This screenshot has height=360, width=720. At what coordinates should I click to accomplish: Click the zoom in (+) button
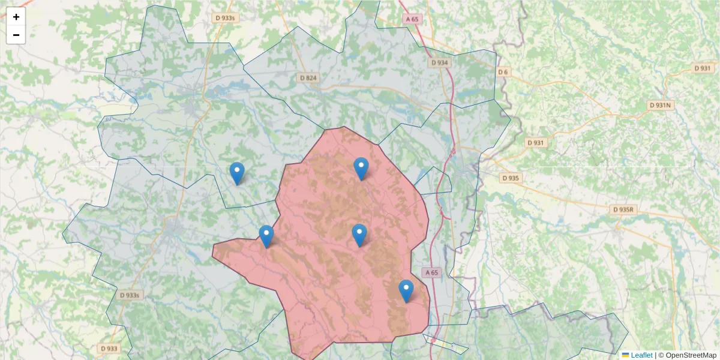coord(16,17)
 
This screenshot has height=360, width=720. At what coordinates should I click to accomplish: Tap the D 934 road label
coord(440,62)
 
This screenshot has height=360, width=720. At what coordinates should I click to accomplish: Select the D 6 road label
coord(503,72)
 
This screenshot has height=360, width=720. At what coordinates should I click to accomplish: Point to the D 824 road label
coord(308,78)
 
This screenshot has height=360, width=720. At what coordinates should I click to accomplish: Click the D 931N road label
coord(661,105)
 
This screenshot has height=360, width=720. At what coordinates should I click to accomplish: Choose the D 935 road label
coord(511,178)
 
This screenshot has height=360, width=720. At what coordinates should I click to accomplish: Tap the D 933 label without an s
coord(109,348)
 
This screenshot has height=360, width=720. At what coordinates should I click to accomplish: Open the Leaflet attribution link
coord(641,355)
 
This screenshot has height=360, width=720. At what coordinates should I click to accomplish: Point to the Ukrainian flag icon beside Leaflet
coord(625,355)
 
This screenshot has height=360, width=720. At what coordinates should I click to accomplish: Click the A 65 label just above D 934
coord(412,19)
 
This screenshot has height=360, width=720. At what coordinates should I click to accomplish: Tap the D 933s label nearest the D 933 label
coord(129,295)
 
